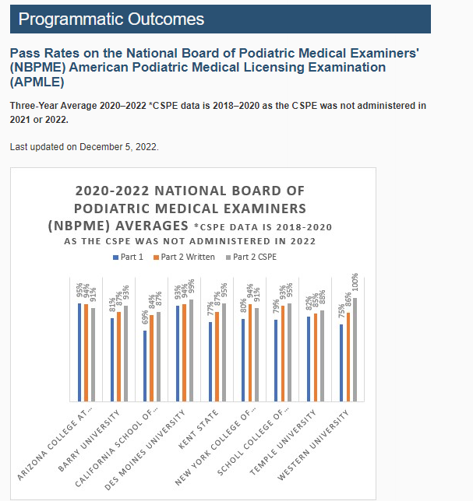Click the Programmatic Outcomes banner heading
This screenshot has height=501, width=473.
111,19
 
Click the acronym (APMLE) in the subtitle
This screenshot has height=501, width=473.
37,81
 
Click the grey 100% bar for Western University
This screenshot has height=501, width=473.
355,349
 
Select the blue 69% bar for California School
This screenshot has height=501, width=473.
144,366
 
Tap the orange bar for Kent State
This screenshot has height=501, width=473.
216,356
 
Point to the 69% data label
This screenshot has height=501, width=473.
145,317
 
